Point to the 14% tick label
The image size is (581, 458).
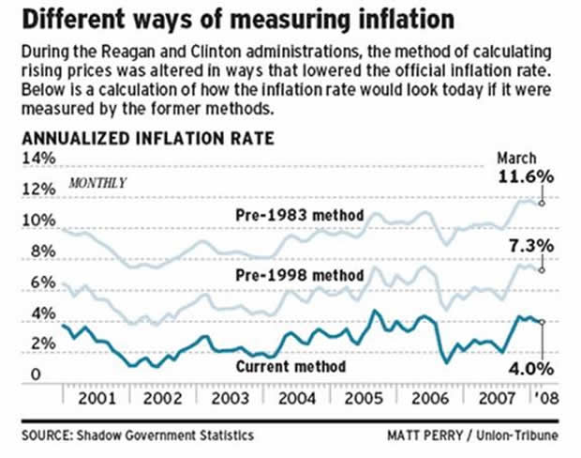35,159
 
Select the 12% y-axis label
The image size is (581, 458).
35,190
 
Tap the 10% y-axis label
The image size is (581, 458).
35,221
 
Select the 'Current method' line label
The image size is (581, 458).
292,365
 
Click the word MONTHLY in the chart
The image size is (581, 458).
97,181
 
